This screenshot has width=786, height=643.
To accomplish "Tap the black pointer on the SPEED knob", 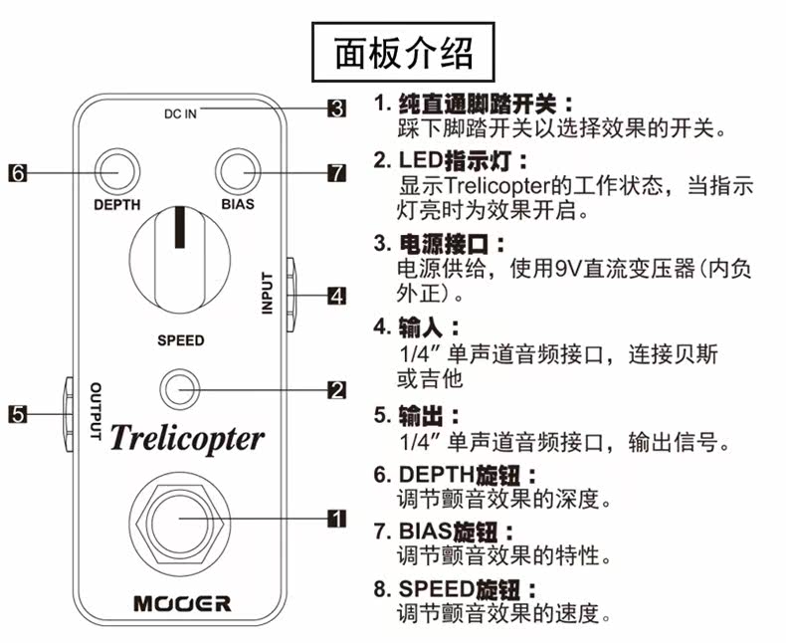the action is [x=179, y=228].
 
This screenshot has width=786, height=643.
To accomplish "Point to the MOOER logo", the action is [x=182, y=603].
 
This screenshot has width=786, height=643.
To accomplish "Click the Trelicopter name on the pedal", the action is [x=186, y=438].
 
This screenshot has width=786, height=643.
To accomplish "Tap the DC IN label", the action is [x=180, y=114].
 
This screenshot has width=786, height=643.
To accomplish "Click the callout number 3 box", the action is [x=337, y=108].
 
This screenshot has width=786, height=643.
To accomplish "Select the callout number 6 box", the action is [x=18, y=173].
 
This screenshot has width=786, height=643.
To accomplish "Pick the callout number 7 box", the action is [x=337, y=173].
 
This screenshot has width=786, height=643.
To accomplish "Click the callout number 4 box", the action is [x=337, y=296].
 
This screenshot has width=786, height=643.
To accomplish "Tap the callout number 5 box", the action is [x=18, y=414].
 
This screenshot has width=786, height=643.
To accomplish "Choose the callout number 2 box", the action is [x=337, y=390].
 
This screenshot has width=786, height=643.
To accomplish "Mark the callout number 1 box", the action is [x=337, y=519].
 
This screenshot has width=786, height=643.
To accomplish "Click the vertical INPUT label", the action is [x=268, y=294].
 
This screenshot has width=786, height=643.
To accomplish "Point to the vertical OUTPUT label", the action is [x=96, y=411].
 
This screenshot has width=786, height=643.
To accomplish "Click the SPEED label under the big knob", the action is [x=181, y=340].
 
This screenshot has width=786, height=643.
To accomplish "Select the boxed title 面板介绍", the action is [x=404, y=52].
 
